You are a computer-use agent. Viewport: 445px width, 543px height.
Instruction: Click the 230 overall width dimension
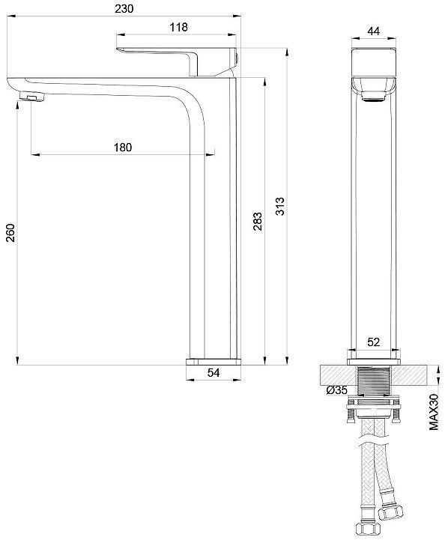tap(124, 8)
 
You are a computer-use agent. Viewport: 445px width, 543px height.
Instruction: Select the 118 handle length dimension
tap(178, 27)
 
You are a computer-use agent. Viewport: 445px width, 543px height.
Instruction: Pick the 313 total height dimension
tap(279, 207)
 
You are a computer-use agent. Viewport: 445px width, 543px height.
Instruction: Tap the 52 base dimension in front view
tap(373, 342)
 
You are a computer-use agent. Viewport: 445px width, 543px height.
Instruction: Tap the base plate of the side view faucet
tap(214, 360)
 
